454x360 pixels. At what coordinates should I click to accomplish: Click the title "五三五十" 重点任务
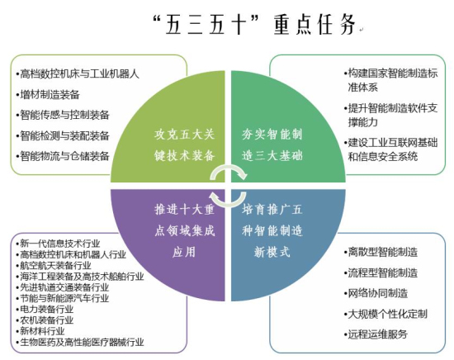(x=255, y=24)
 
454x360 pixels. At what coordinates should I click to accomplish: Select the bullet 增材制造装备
(x=49, y=95)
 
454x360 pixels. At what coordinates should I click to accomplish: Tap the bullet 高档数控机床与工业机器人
(x=78, y=73)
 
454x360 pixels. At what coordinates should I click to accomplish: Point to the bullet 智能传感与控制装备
(x=63, y=115)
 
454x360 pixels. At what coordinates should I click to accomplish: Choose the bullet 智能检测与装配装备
(x=63, y=135)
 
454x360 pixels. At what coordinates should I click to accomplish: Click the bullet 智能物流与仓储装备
(x=63, y=156)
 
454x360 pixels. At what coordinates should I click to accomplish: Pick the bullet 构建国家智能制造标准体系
(x=391, y=80)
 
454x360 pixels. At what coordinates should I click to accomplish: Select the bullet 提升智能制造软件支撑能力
(x=391, y=115)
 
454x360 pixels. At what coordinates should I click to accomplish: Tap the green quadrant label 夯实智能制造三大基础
(x=272, y=145)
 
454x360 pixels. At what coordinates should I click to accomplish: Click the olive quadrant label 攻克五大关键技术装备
(x=184, y=145)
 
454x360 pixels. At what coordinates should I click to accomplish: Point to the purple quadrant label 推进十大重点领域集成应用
(x=184, y=230)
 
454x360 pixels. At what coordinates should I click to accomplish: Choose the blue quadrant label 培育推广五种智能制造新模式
(x=272, y=230)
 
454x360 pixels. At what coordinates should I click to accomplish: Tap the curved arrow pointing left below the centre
(x=228, y=204)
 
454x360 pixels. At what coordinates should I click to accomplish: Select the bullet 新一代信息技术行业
(x=59, y=244)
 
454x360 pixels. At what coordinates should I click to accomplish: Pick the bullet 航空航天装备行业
(x=54, y=265)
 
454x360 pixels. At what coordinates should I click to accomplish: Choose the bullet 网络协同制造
(x=376, y=293)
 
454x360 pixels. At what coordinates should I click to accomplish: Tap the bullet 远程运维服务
(x=376, y=334)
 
